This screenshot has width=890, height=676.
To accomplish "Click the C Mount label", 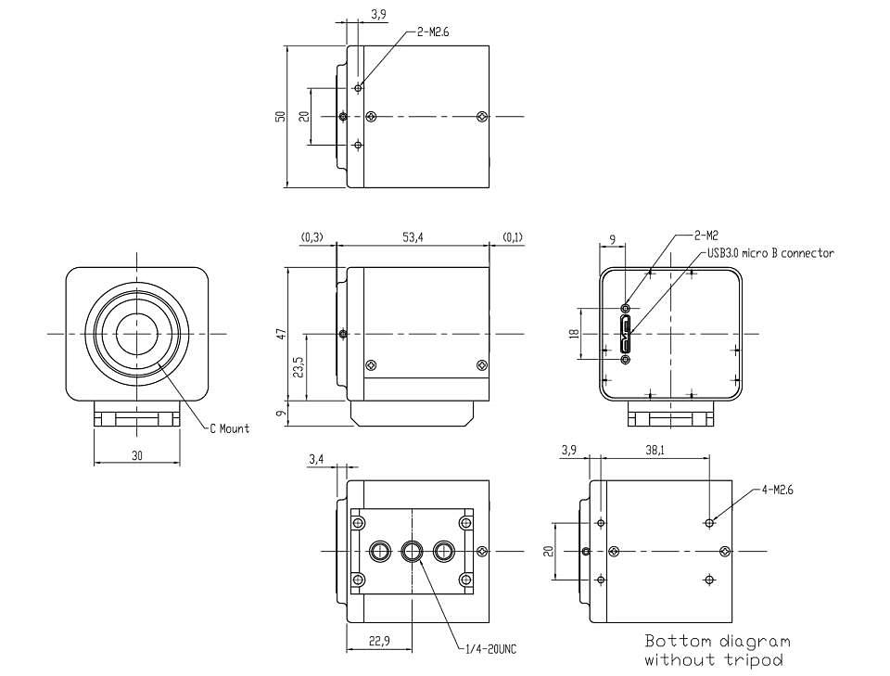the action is pyautogui.click(x=229, y=428).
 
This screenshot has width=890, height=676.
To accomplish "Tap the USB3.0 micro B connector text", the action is pyautogui.click(x=770, y=253).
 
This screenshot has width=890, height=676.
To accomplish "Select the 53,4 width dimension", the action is pyautogui.click(x=413, y=237).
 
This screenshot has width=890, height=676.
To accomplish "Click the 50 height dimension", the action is pyautogui.click(x=280, y=116).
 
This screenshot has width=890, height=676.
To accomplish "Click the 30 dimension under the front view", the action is pyautogui.click(x=137, y=455).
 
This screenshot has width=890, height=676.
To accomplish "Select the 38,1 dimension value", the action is pyautogui.click(x=655, y=450).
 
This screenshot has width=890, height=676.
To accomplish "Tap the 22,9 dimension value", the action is pyautogui.click(x=379, y=641).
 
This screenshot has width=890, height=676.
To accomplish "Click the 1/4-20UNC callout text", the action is pyautogui.click(x=490, y=649).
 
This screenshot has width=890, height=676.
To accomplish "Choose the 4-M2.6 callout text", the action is pyautogui.click(x=777, y=490).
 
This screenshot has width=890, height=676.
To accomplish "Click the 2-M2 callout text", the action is pyautogui.click(x=706, y=235).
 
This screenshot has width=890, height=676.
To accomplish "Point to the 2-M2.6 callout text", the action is pyautogui.click(x=433, y=32).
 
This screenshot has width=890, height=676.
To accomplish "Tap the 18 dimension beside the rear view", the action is pyautogui.click(x=576, y=334).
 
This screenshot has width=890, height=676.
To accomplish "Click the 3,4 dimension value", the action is pyautogui.click(x=316, y=459).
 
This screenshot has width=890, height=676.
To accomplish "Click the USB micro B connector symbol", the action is pyautogui.click(x=626, y=334).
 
